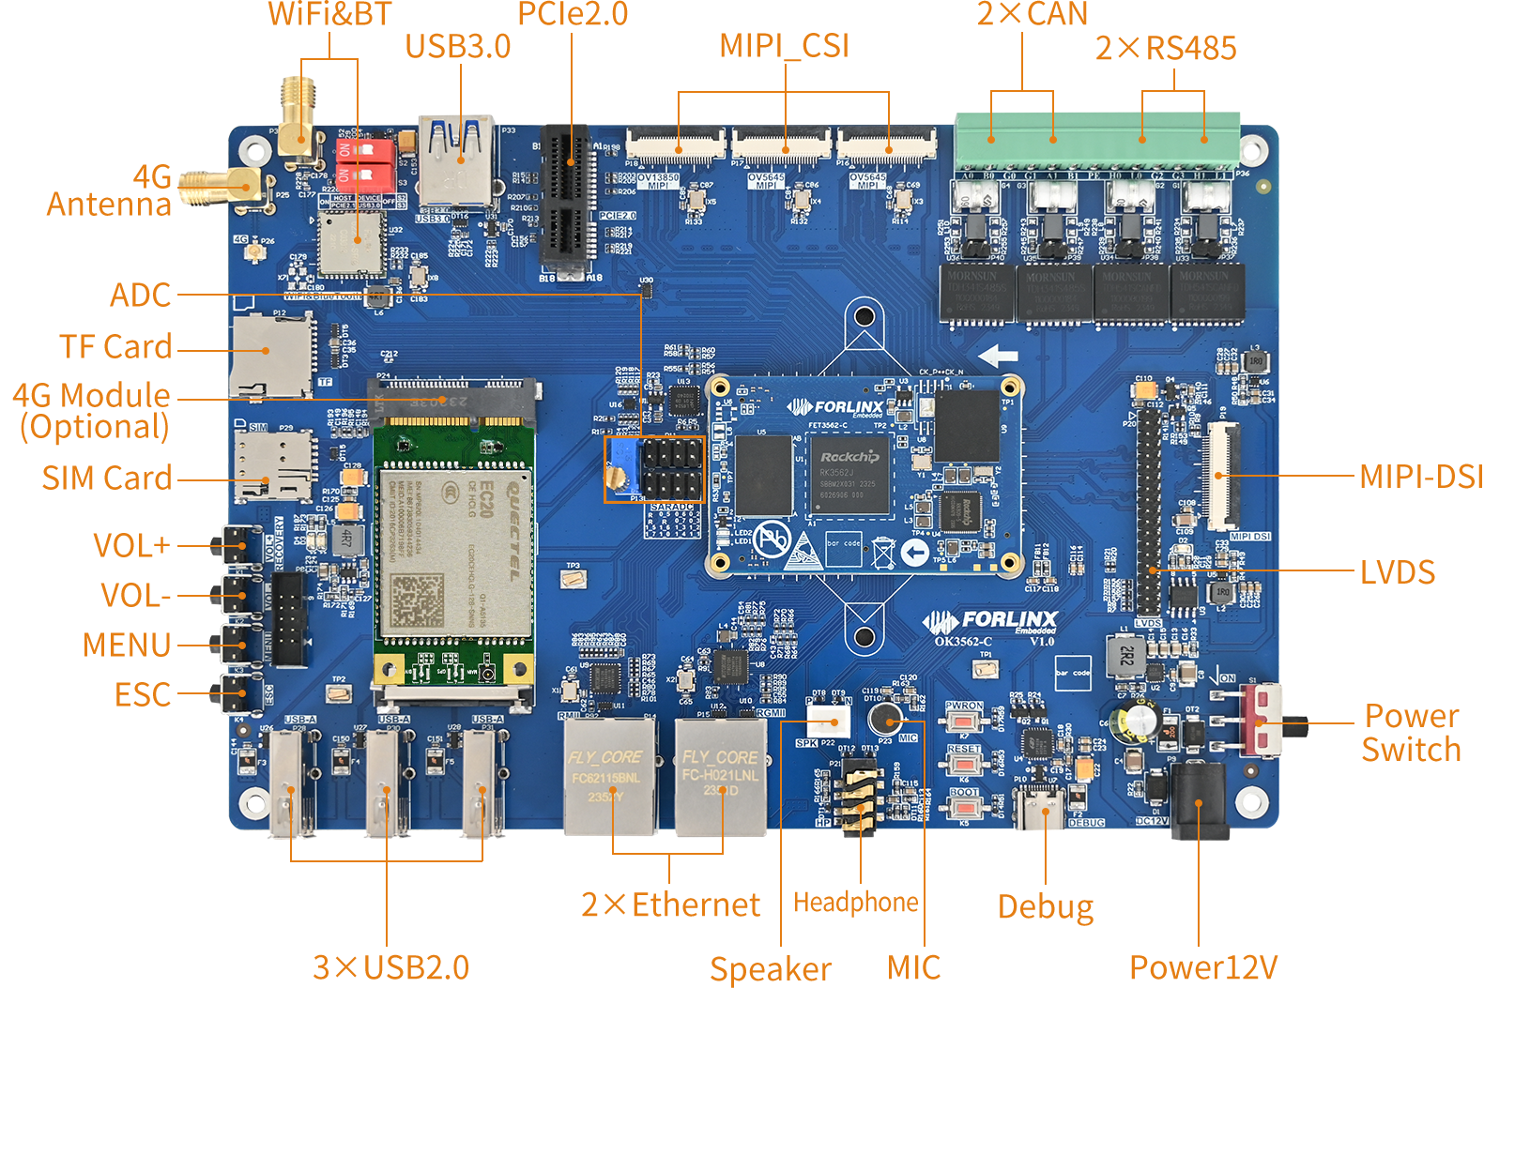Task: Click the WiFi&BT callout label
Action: point(329,15)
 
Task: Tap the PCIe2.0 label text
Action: point(573,14)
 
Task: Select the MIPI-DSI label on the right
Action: point(1420,477)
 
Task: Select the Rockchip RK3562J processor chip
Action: point(849,474)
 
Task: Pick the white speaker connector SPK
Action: point(827,722)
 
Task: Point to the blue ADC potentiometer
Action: point(619,470)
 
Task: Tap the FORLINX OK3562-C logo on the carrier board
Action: point(990,626)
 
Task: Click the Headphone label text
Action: point(856,903)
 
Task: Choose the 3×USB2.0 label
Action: point(390,967)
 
